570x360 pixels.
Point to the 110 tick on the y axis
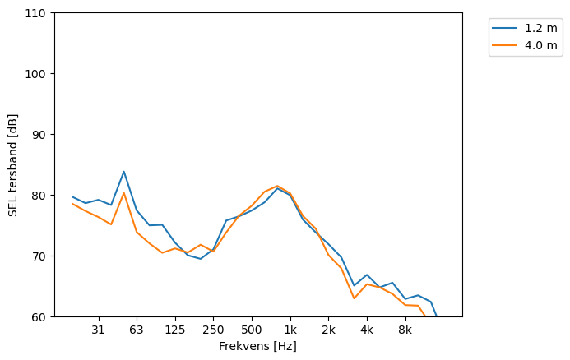pyautogui.click(x=38, y=13)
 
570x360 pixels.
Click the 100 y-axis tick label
pyautogui.click(x=38, y=74)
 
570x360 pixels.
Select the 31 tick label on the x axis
pyautogui.click(x=98, y=330)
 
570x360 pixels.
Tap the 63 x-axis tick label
pyautogui.click(x=137, y=330)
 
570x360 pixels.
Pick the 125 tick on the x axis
pyautogui.click(x=174, y=330)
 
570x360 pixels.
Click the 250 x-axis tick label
pyautogui.click(x=213, y=330)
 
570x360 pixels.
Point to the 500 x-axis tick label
pyautogui.click(x=252, y=330)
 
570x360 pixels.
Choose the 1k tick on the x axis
pyautogui.click(x=290, y=330)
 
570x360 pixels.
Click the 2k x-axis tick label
pyautogui.click(x=328, y=330)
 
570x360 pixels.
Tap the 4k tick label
pyautogui.click(x=367, y=330)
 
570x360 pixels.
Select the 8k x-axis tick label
pyautogui.click(x=405, y=330)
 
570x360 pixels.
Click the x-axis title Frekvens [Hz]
pyautogui.click(x=257, y=346)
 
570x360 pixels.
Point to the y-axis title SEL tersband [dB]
pyautogui.click(x=13, y=164)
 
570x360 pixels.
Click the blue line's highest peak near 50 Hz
pyautogui.click(x=123, y=172)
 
